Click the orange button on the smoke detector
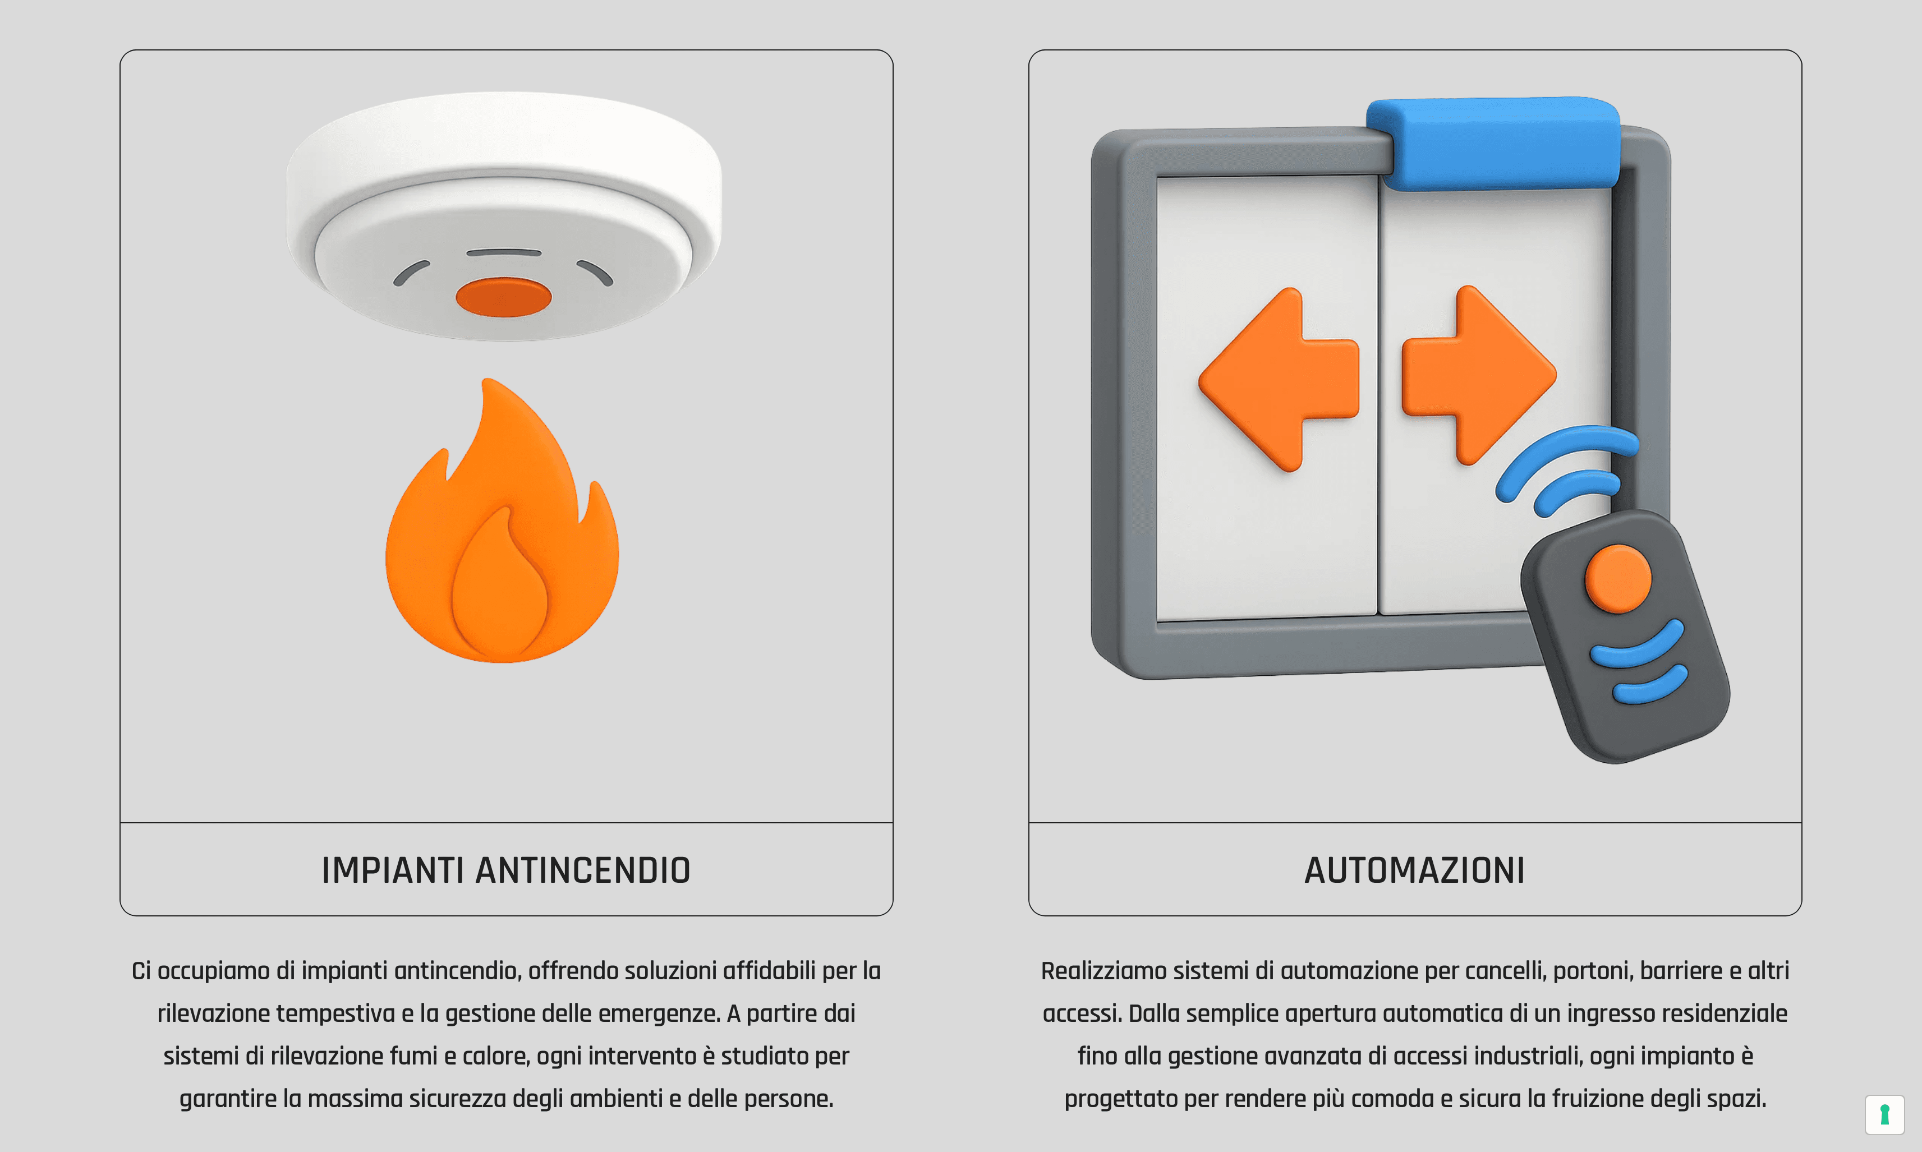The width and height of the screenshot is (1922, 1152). (x=503, y=297)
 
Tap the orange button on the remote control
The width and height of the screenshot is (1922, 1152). (x=1618, y=578)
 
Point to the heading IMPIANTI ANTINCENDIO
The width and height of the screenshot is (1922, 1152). (x=506, y=870)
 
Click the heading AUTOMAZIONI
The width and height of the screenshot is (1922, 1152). (x=1414, y=870)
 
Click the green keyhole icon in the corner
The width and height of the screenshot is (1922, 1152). (x=1884, y=1115)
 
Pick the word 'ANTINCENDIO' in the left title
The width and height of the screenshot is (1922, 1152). (x=582, y=870)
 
